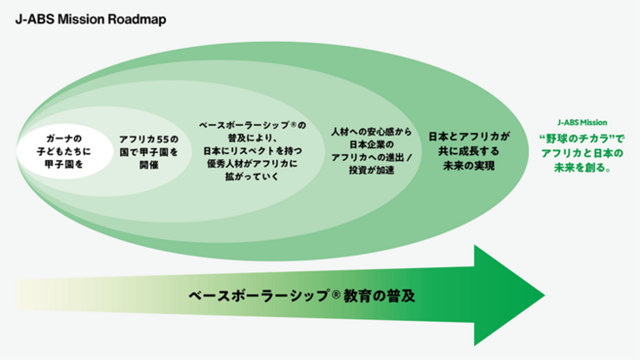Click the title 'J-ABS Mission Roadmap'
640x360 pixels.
(x=79, y=18)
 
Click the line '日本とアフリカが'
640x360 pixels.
(x=468, y=137)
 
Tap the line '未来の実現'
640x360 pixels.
(x=468, y=164)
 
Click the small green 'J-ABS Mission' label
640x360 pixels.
(x=582, y=123)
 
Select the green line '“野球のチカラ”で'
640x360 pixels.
(x=582, y=139)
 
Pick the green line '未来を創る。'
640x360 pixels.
(x=582, y=169)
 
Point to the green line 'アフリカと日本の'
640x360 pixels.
(x=582, y=154)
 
